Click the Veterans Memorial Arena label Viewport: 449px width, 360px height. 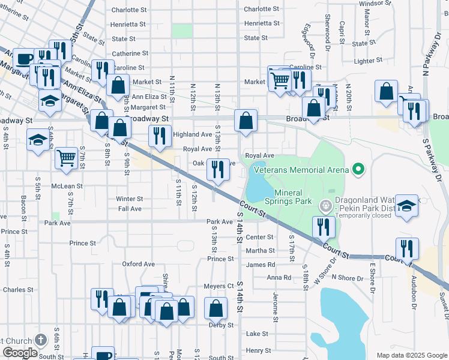(x=301, y=170)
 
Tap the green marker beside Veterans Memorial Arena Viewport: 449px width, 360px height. (x=358, y=169)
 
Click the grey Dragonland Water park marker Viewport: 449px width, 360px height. (x=326, y=206)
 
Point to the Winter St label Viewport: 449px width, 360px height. (x=130, y=199)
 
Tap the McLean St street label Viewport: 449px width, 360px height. (x=67, y=186)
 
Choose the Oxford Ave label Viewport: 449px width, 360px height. (x=139, y=264)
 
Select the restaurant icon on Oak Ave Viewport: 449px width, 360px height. (x=217, y=169)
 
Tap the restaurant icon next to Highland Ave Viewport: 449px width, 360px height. (x=159, y=136)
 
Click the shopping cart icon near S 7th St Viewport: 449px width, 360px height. (x=67, y=158)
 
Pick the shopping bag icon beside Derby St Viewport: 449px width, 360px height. (x=215, y=308)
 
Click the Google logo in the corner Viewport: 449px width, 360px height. (x=19, y=353)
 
